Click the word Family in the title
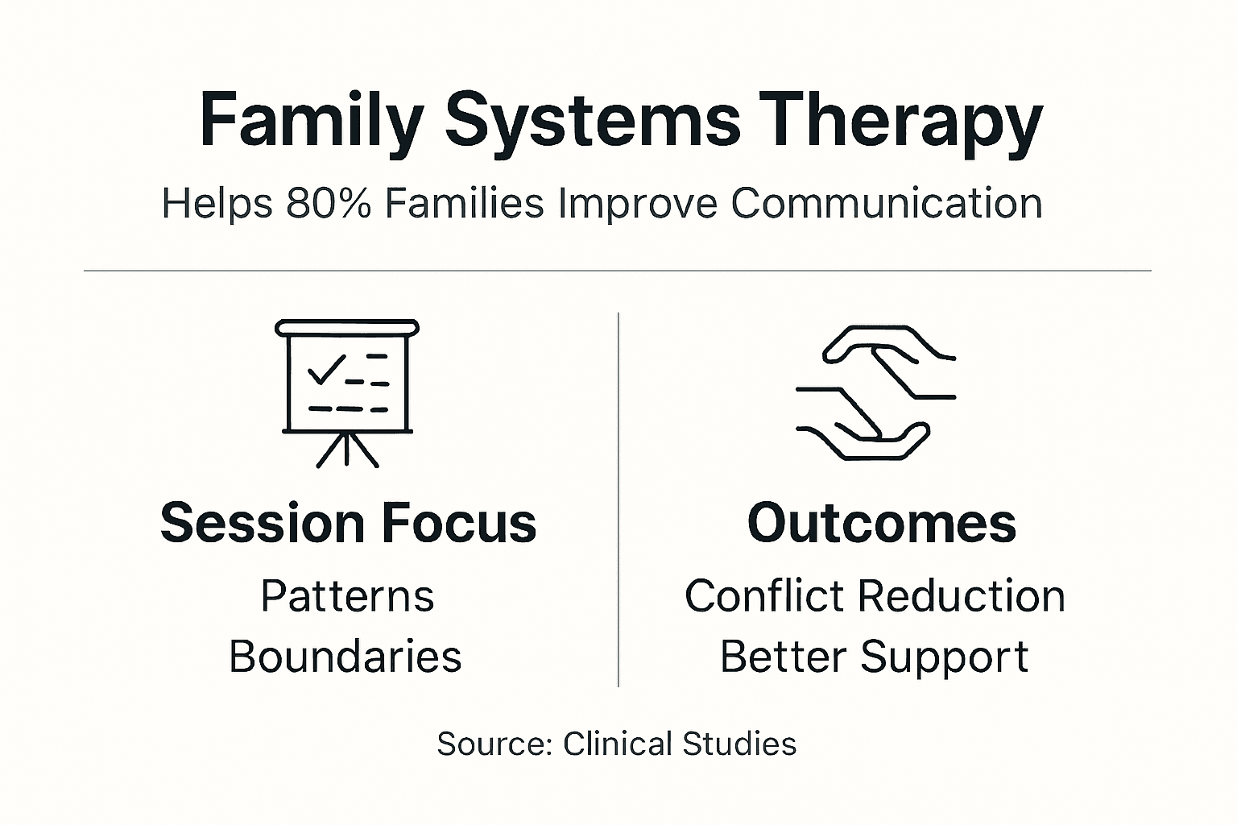pyautogui.click(x=311, y=121)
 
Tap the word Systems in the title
pyautogui.click(x=592, y=121)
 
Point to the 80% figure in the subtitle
pyautogui.click(x=328, y=203)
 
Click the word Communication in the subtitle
pyautogui.click(x=887, y=203)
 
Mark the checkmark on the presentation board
pyautogui.click(x=325, y=369)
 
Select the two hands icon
pyautogui.click(x=876, y=392)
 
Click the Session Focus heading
pyautogui.click(x=348, y=523)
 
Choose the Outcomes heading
pyautogui.click(x=882, y=523)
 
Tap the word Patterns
pyautogui.click(x=347, y=596)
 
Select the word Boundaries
pyautogui.click(x=345, y=656)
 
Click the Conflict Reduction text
pyautogui.click(x=875, y=596)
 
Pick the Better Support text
pyautogui.click(x=874, y=656)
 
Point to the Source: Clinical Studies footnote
pyautogui.click(x=616, y=743)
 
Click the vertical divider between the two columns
pyautogui.click(x=618, y=500)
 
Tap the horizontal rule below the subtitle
pyautogui.click(x=617, y=271)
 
